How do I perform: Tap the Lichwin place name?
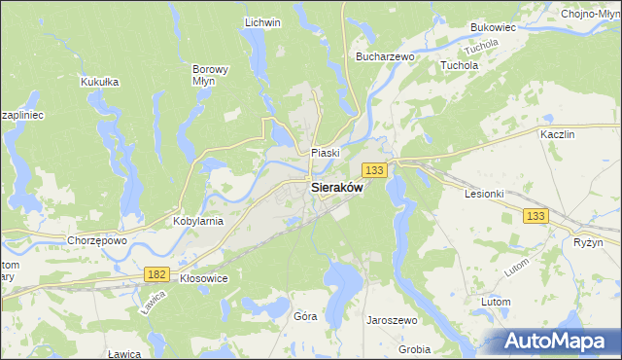click(x=262, y=22)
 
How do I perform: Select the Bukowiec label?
click(x=491, y=28)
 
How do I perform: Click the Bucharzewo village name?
click(x=386, y=57)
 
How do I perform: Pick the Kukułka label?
click(x=100, y=82)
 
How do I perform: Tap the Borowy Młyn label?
click(x=210, y=76)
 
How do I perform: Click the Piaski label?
click(x=325, y=153)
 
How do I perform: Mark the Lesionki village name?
click(x=484, y=193)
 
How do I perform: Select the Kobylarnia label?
click(x=198, y=221)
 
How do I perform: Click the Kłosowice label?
click(x=204, y=277)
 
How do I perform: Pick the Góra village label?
click(x=305, y=316)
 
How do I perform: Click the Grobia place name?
click(x=414, y=348)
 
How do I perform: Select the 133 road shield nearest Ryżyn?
click(x=536, y=214)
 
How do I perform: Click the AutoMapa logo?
click(x=551, y=342)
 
